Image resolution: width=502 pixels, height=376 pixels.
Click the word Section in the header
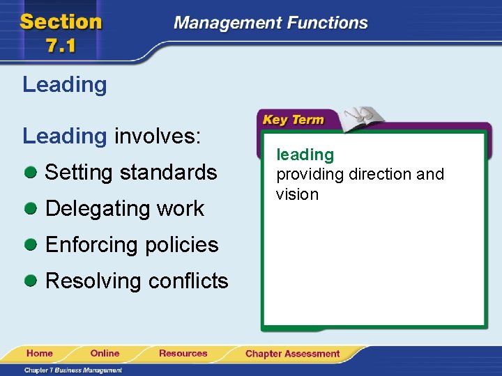tap(61, 22)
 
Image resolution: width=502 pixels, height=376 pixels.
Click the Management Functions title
tap(271, 22)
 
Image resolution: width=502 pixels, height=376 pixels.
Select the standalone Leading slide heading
tap(65, 85)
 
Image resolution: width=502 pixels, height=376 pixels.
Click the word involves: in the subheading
tap(158, 136)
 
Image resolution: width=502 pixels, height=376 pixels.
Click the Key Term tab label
tap(293, 120)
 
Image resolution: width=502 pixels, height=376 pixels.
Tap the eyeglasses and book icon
tap(363, 116)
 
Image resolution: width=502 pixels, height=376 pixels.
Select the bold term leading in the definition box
tap(305, 155)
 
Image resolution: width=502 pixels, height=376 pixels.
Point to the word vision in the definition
tap(297, 194)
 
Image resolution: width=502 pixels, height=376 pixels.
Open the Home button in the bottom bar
tap(40, 354)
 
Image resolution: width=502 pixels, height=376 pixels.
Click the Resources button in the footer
tap(183, 354)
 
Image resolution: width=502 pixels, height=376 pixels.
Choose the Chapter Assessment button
tap(292, 354)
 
